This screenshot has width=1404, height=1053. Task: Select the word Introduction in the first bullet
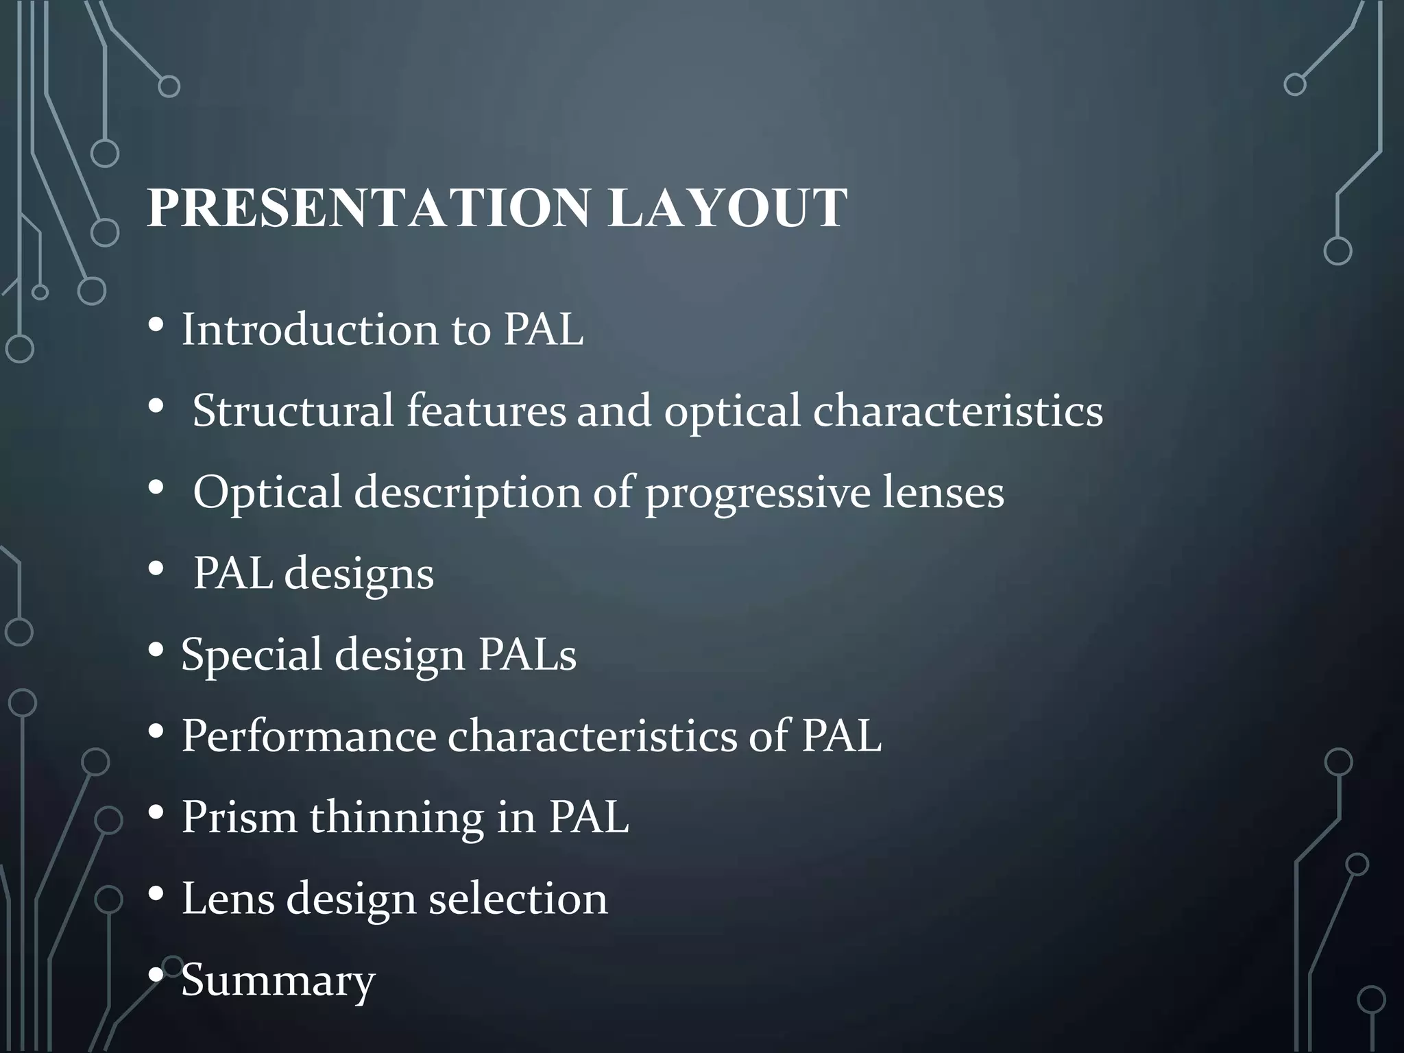[x=309, y=330]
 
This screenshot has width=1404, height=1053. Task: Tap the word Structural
[x=293, y=411]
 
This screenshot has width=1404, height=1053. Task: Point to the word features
[x=486, y=411]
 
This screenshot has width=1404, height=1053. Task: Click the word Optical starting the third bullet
[x=267, y=492]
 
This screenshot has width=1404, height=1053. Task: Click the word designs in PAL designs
[x=359, y=574]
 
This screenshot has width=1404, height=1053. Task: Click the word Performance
[x=308, y=736]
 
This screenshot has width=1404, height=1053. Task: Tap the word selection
[x=518, y=898]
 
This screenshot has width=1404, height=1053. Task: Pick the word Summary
[x=278, y=980]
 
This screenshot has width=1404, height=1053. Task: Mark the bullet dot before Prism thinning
[x=156, y=813]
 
